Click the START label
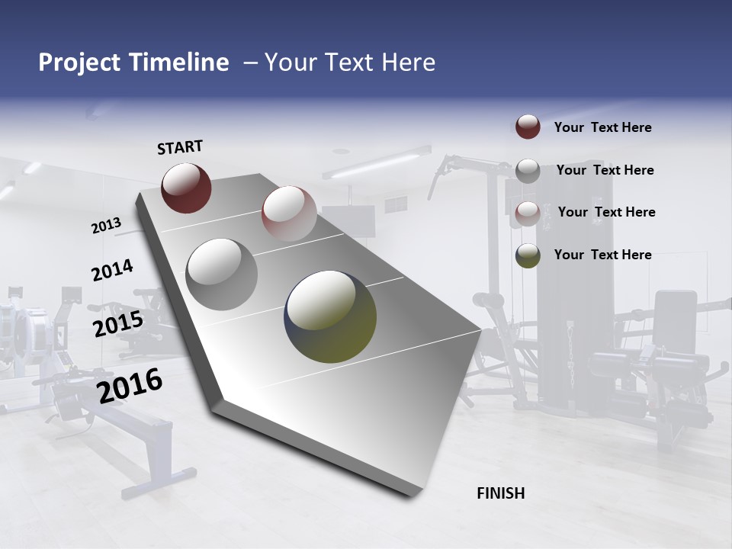click(180, 147)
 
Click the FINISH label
click(500, 493)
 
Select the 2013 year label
click(107, 225)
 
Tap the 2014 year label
click(112, 271)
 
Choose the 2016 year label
click(130, 386)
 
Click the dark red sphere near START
click(186, 187)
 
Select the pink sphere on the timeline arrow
click(289, 213)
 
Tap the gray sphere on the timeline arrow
click(222, 274)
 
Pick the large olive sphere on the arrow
click(330, 316)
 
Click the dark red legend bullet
click(528, 127)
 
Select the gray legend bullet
click(528, 171)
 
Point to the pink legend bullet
click(528, 213)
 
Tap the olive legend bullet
click(528, 255)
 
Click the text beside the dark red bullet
click(602, 127)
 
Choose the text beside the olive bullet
click(602, 255)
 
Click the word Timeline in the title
click(180, 63)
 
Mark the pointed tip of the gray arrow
click(480, 329)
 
